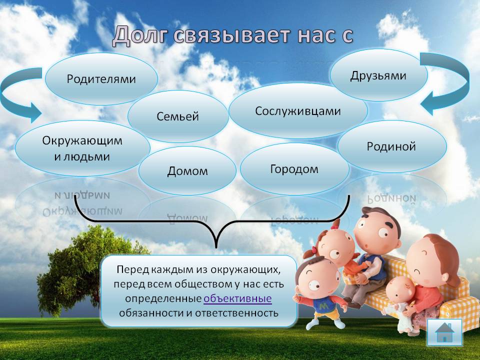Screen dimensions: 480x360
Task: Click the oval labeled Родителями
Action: [x=101, y=78]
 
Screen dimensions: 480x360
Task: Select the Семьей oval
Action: [x=178, y=116]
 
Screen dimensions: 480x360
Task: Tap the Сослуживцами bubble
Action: [x=298, y=111]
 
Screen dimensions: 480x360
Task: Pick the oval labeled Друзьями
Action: [x=378, y=75]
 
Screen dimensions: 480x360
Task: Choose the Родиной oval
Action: [x=391, y=146]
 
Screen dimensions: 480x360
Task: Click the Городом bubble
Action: [x=294, y=169]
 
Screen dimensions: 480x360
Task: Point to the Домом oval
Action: [x=187, y=171]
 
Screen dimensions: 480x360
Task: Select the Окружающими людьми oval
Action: [x=82, y=148]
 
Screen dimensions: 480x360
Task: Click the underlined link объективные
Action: [x=237, y=298]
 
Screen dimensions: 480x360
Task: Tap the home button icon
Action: [x=444, y=332]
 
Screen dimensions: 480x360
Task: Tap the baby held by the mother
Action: [x=399, y=301]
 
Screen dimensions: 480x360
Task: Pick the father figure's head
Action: [x=377, y=230]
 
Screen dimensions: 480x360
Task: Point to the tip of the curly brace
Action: [x=216, y=247]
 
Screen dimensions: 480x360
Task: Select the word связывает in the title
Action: [x=231, y=35]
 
